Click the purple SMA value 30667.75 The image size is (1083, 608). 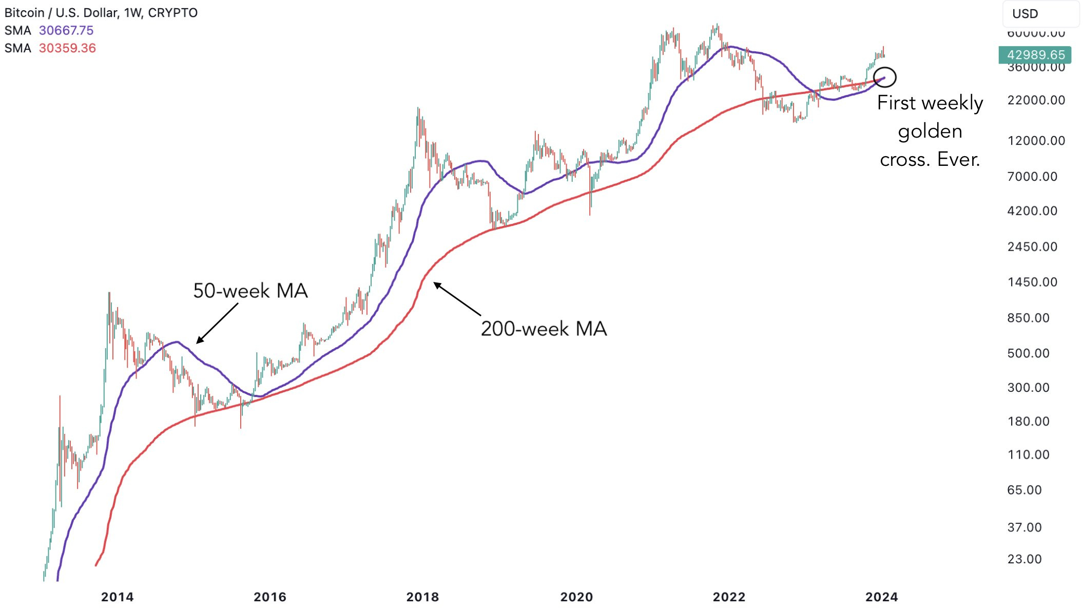[66, 31]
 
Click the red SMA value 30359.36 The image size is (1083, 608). [67, 48]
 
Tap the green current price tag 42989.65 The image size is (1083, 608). [1035, 55]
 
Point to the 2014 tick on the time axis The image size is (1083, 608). [117, 597]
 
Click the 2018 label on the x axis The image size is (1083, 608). [422, 597]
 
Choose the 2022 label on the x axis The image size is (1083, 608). [729, 597]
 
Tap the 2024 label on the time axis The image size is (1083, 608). [881, 597]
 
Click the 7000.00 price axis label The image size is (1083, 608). [1032, 177]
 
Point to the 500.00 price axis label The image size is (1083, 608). [1028, 353]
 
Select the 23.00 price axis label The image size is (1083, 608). [1024, 559]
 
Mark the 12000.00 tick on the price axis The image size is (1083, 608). [1036, 141]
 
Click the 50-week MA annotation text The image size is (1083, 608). [250, 291]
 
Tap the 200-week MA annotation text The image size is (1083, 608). [544, 329]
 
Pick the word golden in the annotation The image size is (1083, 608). [930, 131]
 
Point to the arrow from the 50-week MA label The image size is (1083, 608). [218, 323]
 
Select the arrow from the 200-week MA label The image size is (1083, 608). [457, 299]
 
